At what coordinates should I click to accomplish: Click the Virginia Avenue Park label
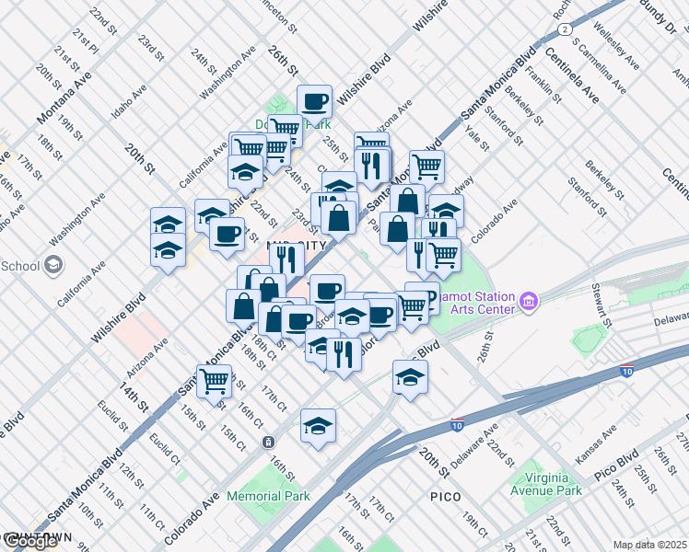click(x=555, y=484)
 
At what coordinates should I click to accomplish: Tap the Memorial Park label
click(x=269, y=496)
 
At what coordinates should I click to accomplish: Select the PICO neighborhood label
click(x=451, y=496)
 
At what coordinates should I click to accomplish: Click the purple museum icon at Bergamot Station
click(x=528, y=301)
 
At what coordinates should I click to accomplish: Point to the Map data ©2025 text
click(x=650, y=545)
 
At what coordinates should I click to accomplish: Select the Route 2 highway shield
click(x=562, y=29)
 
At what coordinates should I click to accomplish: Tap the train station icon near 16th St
click(x=267, y=441)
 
